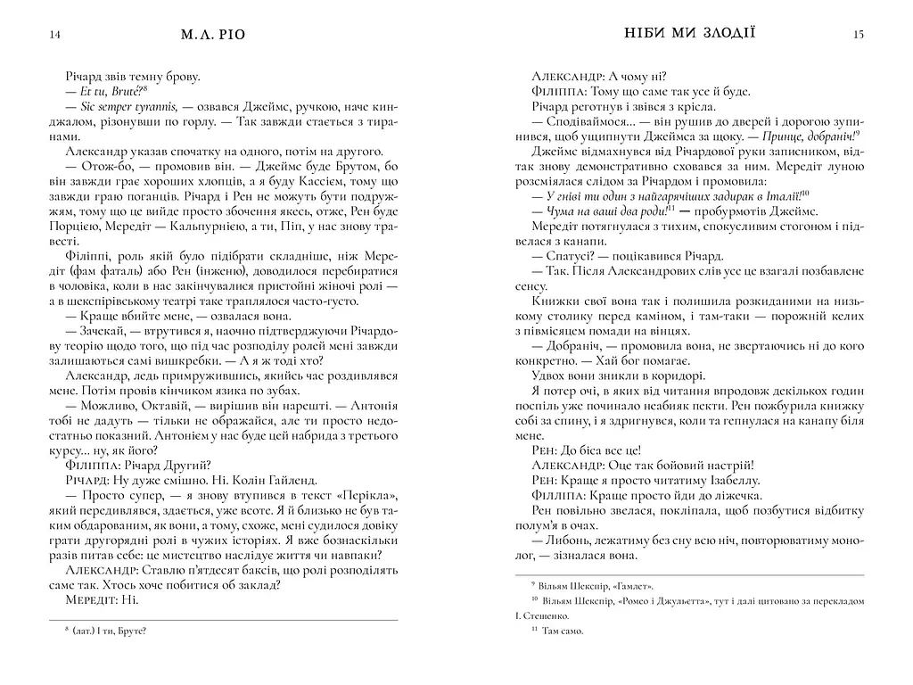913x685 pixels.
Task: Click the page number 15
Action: coord(859,35)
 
